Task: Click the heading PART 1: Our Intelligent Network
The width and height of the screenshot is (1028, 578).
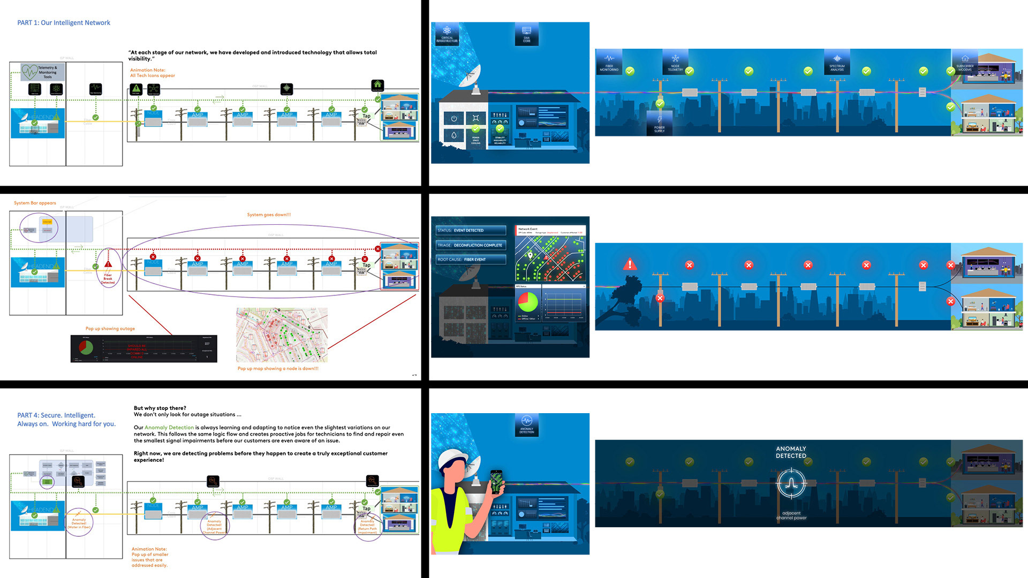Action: pos(64,23)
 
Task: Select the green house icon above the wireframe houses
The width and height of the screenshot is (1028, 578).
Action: pos(377,85)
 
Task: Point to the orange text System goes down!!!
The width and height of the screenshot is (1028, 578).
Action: pos(269,215)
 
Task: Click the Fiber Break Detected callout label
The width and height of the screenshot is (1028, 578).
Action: pos(108,278)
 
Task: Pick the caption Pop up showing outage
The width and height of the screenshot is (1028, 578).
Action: pos(110,329)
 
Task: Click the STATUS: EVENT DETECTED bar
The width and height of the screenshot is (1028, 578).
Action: pos(471,231)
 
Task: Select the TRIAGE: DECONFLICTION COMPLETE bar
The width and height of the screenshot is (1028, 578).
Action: pos(471,245)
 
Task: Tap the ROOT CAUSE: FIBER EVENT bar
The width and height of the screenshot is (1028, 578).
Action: pos(471,260)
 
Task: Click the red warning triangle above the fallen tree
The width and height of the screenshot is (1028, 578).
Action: pos(630,264)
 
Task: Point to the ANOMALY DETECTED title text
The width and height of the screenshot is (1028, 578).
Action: pos(791,452)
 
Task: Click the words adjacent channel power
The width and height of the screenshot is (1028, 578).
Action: pos(791,515)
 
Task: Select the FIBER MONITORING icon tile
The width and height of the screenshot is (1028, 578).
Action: pos(609,62)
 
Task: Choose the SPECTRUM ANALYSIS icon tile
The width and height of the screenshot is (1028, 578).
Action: pos(837,62)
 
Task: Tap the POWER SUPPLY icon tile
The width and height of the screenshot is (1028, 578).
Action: pos(659,123)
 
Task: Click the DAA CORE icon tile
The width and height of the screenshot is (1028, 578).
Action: pos(526,34)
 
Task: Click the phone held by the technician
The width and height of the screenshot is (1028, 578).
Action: pos(496,482)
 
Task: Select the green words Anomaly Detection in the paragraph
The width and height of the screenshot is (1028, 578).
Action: pos(169,428)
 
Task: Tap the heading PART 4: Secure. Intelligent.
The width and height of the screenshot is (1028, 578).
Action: pos(56,415)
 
